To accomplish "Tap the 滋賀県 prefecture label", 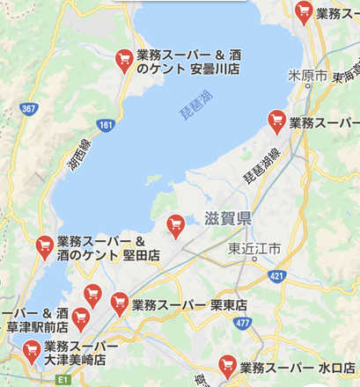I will (227, 218).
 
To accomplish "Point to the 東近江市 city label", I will (253, 249).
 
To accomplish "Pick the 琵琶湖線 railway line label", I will (261, 166).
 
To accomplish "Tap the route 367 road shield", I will (28, 108).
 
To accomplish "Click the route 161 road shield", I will (107, 126).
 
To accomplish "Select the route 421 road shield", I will (278, 276).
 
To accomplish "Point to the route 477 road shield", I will (243, 323).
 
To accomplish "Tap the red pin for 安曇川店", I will (125, 60).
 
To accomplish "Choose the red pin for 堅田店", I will (44, 247).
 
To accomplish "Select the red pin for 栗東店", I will (120, 303).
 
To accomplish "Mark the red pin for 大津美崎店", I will (33, 351).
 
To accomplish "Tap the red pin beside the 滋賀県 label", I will (175, 225).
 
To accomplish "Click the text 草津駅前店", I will (38, 326).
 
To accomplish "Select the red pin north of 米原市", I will (304, 11).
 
